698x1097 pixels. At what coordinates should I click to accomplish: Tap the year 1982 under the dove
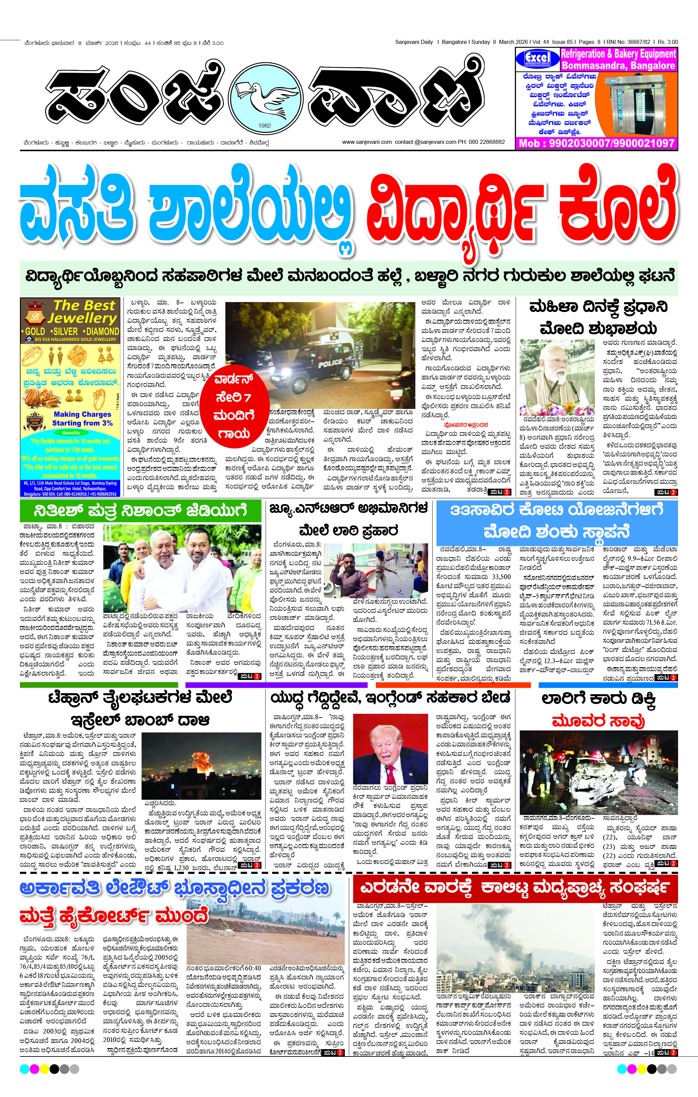264,126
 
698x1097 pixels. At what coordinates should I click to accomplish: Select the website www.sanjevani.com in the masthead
367,142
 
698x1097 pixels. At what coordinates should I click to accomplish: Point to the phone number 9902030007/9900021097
596,143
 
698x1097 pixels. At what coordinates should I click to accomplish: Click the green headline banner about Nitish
140,511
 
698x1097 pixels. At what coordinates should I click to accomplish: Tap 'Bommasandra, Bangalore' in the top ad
618,66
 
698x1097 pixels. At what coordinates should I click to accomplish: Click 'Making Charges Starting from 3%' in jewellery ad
82,418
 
